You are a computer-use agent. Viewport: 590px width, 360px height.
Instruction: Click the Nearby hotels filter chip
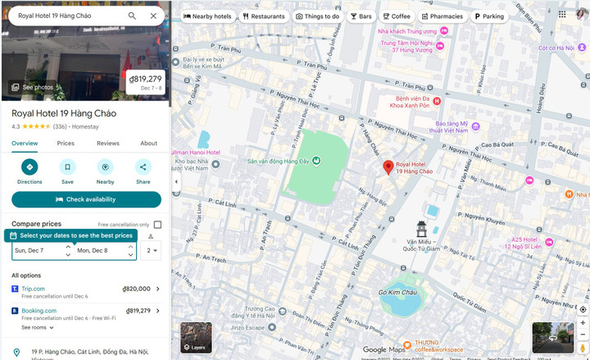pyautogui.click(x=206, y=16)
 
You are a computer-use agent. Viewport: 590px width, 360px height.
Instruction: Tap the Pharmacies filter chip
pyautogui.click(x=442, y=16)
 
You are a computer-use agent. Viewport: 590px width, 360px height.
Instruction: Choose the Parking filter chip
pyautogui.click(x=488, y=16)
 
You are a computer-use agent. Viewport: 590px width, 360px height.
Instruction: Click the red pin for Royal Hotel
pyautogui.click(x=388, y=168)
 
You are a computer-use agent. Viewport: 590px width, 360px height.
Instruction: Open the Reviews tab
pyautogui.click(x=108, y=144)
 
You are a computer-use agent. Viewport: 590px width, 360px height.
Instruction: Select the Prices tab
pyautogui.click(x=66, y=144)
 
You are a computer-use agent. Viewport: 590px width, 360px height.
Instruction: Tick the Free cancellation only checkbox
pyautogui.click(x=157, y=225)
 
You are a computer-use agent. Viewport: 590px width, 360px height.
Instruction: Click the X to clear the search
pyautogui.click(x=153, y=16)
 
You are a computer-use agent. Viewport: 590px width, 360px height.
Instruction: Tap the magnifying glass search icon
pyautogui.click(x=132, y=16)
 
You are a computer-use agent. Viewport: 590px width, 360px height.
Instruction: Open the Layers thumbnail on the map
pyautogui.click(x=196, y=337)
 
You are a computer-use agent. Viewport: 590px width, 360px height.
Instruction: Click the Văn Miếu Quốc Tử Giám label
pyautogui.click(x=422, y=247)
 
